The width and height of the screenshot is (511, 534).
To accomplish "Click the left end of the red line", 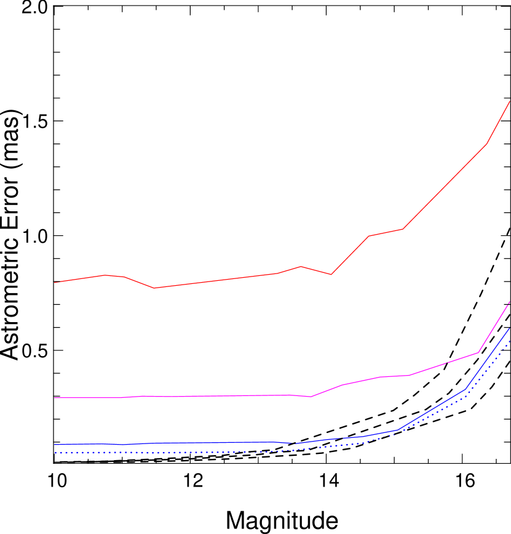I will point(55,283).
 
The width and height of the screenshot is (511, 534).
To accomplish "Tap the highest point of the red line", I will point(510,101).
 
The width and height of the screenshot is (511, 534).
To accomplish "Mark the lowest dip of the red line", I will point(154,288).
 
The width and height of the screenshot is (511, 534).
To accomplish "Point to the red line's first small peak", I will point(106,275).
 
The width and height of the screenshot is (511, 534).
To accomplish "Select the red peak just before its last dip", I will point(301,266).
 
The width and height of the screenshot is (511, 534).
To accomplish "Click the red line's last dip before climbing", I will point(331,274).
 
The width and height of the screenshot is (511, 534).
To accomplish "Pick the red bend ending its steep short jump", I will point(369,236).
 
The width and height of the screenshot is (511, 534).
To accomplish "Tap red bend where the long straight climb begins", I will point(403,229).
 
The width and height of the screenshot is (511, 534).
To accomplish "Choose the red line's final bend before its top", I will point(486,144).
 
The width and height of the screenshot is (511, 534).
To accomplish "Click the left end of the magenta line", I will point(55,398).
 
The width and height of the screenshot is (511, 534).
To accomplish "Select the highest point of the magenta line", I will point(510,302).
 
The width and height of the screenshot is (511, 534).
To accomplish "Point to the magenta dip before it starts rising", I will point(311,397).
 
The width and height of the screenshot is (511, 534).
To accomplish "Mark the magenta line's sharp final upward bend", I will point(478,352).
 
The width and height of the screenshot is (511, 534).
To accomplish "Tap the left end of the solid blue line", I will point(55,445).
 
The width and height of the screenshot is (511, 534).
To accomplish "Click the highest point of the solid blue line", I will point(510,328).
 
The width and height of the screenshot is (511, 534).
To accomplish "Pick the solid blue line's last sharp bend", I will point(465,389).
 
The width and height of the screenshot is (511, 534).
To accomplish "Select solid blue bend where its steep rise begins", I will point(398,429).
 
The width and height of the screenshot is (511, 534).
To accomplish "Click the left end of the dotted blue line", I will point(55,453).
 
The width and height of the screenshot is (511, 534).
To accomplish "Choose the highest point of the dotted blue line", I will point(510,341).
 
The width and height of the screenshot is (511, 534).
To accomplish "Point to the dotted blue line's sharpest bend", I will point(465,397).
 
